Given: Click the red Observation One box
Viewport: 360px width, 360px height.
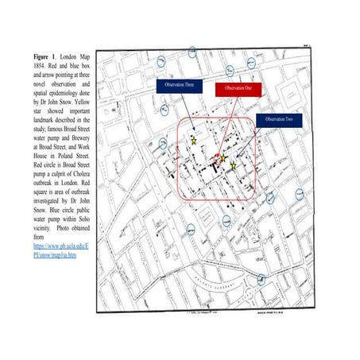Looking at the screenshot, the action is point(238,87).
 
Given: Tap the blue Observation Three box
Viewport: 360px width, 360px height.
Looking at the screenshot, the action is point(179,84).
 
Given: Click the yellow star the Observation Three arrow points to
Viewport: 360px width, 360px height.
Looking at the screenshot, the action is point(194,141).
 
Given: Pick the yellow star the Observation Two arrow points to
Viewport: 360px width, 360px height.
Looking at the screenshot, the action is point(234,166).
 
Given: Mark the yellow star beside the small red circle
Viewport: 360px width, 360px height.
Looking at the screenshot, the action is point(224,159).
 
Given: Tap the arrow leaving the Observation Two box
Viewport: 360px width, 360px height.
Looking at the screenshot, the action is point(250,143).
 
